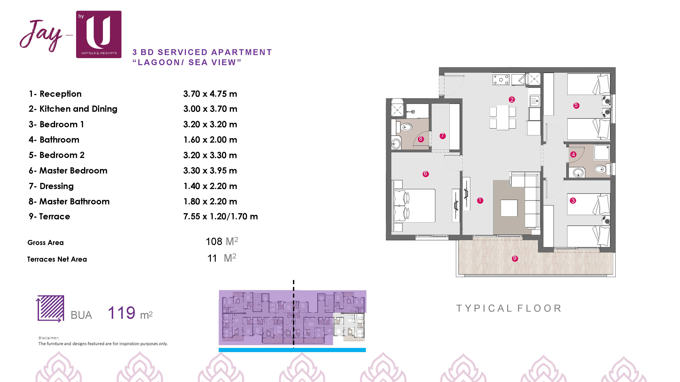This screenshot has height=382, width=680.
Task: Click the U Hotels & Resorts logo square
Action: (x=99, y=34)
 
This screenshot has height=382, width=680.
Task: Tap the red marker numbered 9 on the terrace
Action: (x=515, y=258)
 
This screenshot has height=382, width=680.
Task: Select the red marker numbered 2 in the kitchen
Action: (x=512, y=99)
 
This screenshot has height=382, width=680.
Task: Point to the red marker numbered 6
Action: (x=425, y=174)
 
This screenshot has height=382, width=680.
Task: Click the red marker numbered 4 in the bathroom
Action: (x=573, y=154)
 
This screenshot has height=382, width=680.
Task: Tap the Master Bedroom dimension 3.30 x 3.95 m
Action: (x=210, y=171)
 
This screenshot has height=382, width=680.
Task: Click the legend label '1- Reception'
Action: (x=55, y=94)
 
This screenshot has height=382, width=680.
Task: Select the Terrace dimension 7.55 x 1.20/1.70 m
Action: (x=220, y=216)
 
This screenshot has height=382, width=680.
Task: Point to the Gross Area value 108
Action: (x=214, y=241)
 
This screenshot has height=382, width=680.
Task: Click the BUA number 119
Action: (x=122, y=313)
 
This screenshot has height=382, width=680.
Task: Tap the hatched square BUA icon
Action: (x=50, y=308)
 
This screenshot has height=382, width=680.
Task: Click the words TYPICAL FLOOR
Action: (x=509, y=308)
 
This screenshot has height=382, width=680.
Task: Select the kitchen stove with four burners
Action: (x=501, y=80)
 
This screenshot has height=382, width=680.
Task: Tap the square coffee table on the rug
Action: (x=509, y=208)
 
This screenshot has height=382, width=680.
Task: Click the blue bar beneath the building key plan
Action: (x=292, y=350)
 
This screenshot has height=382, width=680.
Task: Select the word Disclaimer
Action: (x=49, y=338)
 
